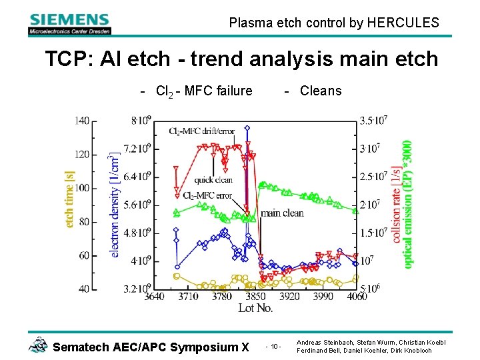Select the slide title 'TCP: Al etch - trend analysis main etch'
241,59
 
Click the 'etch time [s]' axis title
69,199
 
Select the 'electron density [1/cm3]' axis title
115,205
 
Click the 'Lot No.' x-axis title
255,308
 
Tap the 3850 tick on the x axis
255,297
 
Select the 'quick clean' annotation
213,180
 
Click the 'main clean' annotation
281,213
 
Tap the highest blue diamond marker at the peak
247,127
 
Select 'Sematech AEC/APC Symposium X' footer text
150,347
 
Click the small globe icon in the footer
38,344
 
